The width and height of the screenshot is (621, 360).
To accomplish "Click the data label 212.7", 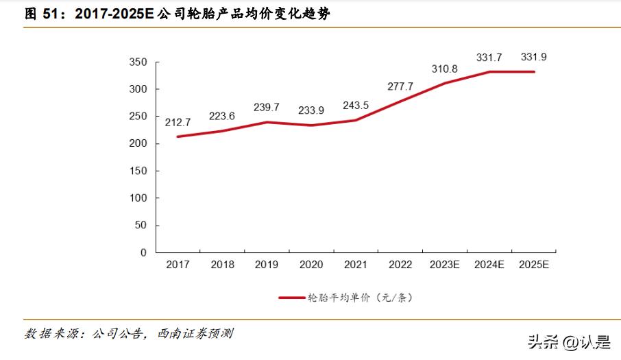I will tap(178, 122).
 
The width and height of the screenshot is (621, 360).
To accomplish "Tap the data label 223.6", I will tap(222, 116).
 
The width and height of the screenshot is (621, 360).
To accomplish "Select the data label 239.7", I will tap(266, 108).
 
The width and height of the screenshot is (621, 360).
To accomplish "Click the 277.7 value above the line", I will tap(400, 86).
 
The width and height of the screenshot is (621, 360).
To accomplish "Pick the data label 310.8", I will tap(445, 69).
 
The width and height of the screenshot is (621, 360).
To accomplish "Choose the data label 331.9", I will tap(534, 56).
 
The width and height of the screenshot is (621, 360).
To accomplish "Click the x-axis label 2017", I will tap(178, 265).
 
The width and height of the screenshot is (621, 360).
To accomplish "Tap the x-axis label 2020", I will tap(311, 265).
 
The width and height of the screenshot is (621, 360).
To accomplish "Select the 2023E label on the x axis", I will tap(445, 265).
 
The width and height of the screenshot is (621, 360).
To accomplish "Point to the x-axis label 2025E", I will tap(534, 265).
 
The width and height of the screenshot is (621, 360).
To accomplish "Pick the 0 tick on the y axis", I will tap(143, 252).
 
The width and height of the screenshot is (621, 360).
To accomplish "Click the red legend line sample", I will tap(291, 298).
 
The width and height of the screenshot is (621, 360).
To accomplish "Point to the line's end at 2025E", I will tap(534, 71).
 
